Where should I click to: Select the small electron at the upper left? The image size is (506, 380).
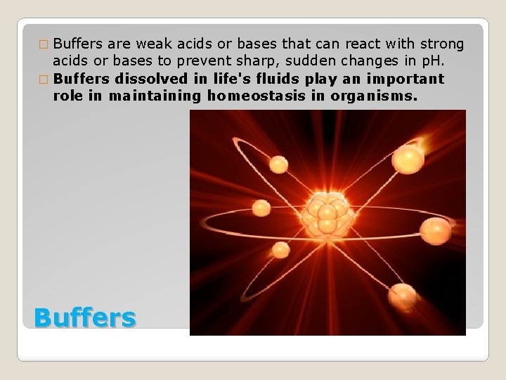point(279,165)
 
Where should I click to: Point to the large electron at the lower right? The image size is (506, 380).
point(403,296)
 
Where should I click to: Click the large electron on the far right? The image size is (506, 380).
point(436,230)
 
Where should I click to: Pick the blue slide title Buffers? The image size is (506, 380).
point(84,317)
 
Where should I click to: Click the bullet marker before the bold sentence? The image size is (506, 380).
point(44,79)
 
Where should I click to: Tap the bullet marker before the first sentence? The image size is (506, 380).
point(44,45)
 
